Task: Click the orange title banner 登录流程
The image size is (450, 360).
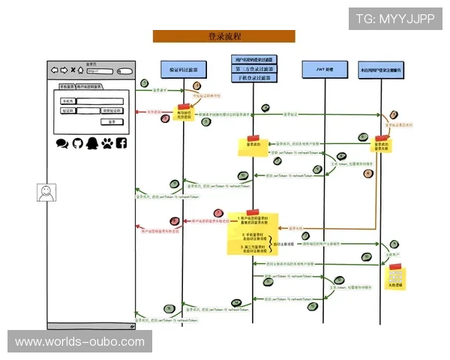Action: tap(223, 36)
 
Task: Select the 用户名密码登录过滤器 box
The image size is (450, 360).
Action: tap(254, 59)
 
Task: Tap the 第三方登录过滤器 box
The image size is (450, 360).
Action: tap(254, 68)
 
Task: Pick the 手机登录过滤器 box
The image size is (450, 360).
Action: tap(254, 77)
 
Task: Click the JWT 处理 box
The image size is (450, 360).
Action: tap(323, 69)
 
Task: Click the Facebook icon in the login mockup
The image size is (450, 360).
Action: tap(121, 142)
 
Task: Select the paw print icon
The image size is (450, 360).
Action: tap(106, 142)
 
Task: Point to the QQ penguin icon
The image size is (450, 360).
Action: tap(91, 142)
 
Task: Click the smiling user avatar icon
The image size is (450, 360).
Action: tap(46, 192)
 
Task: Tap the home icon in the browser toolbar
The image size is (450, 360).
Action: tap(80, 70)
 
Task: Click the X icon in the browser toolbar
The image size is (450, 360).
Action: tap(72, 70)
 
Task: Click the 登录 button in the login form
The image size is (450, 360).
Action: tap(112, 121)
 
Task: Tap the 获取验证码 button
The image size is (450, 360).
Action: tap(112, 110)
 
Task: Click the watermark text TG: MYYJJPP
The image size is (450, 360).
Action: tap(394, 18)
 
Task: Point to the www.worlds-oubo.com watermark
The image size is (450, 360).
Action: tap(80, 342)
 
